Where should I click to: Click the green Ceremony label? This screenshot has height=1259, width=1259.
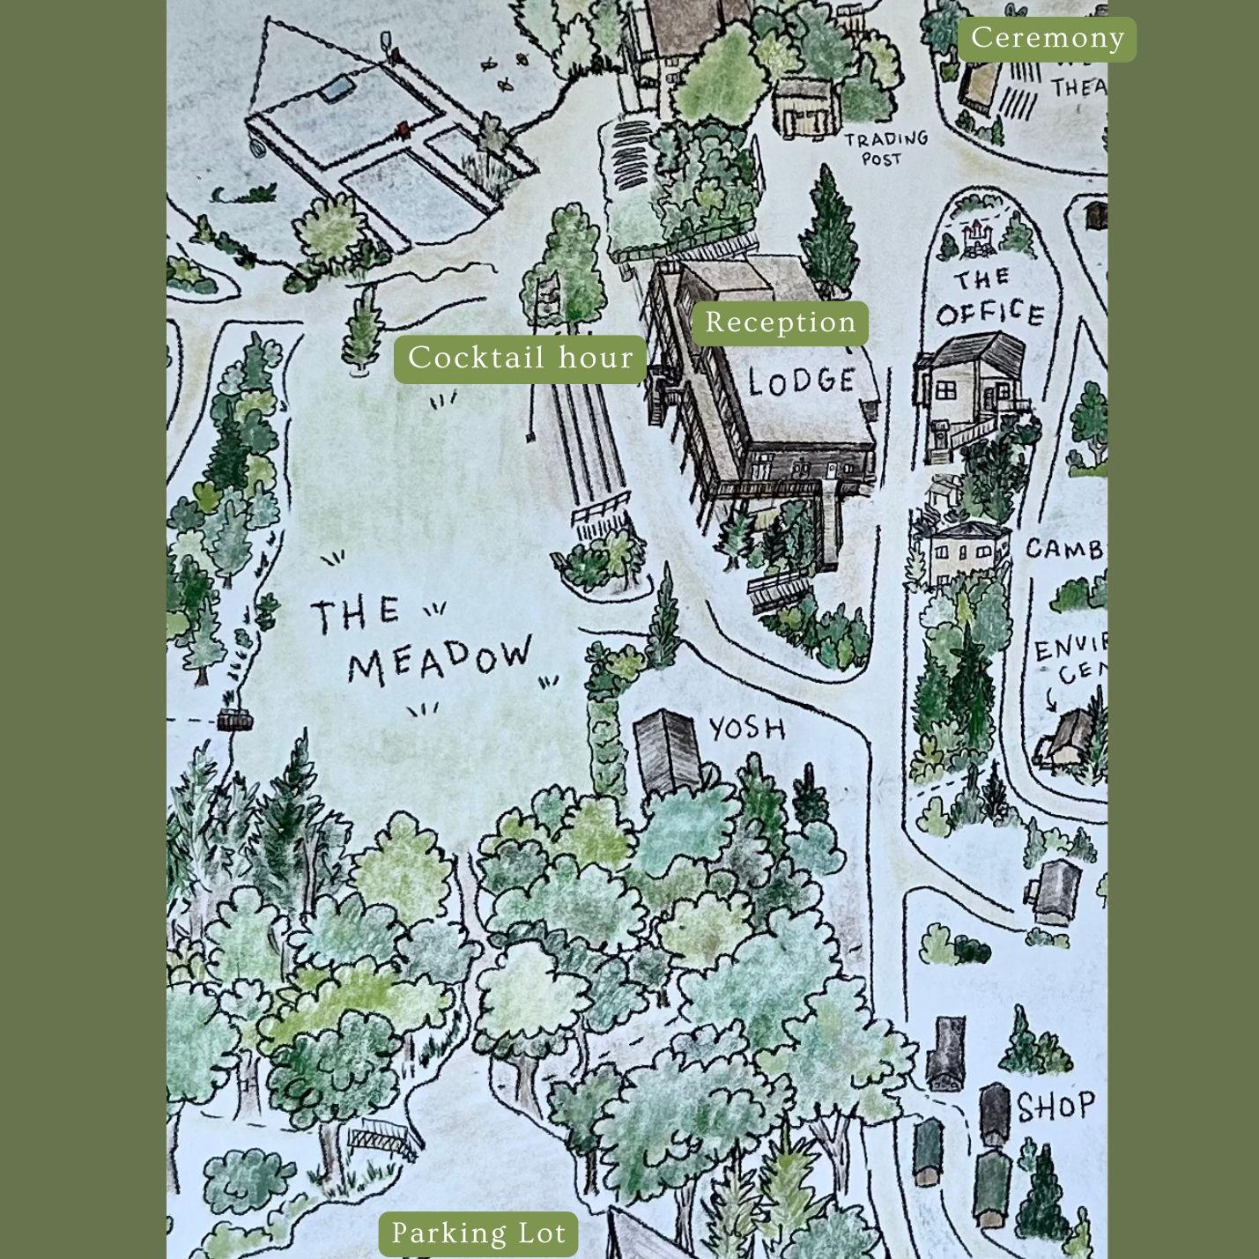coord(1047,39)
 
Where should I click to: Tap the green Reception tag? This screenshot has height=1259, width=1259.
coord(780,322)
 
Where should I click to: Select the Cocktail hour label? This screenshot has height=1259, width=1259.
coord(520,359)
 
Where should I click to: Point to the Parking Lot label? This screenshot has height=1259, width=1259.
coord(478,1233)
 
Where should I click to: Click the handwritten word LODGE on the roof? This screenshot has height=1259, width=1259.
coord(802,381)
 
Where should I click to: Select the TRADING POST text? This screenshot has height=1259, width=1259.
coord(885,148)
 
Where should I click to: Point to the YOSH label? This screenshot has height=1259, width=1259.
coord(747,728)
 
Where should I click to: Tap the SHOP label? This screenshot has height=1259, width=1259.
coord(1055,1107)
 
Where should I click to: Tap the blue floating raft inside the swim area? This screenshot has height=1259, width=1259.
coord(335,88)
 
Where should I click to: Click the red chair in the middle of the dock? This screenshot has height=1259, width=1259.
coord(403,130)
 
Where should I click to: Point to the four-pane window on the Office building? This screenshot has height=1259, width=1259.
coord(945,389)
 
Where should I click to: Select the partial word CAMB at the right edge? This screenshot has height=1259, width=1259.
coord(1064,548)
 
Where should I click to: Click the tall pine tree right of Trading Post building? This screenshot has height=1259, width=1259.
coord(826,231)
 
